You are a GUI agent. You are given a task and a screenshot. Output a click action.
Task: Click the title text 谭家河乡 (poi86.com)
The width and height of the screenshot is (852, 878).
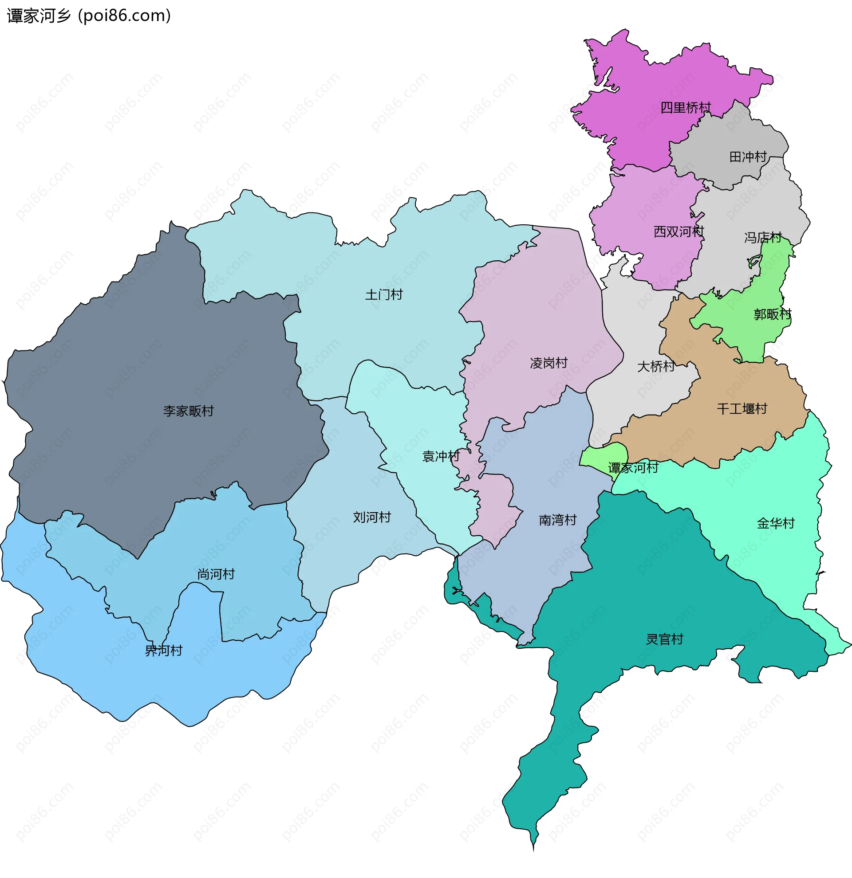point(89,16)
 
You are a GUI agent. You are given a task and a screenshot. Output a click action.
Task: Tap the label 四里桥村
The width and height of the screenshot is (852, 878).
point(685,107)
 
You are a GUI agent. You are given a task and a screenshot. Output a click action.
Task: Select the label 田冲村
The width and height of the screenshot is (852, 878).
point(748,157)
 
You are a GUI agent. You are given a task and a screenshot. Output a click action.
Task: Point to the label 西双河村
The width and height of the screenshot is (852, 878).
point(678,231)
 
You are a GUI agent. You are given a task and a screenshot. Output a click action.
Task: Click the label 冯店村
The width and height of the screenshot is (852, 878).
point(763,237)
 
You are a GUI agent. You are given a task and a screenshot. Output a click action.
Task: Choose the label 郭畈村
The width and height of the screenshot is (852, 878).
point(772,314)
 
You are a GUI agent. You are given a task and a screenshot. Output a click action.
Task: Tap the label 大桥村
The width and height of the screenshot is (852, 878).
point(656,366)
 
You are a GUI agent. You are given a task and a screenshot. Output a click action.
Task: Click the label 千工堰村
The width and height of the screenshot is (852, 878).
point(742,408)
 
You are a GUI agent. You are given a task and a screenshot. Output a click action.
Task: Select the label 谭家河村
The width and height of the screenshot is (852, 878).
point(632,468)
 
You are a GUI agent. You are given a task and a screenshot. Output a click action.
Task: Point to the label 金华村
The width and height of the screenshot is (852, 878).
point(775,523)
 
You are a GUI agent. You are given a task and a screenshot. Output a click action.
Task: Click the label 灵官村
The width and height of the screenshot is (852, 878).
point(664,639)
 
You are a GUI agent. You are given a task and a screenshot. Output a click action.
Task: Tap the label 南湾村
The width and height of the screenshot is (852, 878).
point(557,520)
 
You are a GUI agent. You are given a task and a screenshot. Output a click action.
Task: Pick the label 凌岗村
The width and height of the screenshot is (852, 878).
point(548,363)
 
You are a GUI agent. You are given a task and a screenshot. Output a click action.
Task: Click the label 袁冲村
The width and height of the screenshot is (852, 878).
point(441,456)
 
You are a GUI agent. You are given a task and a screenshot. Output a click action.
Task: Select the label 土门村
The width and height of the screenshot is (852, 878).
point(384,295)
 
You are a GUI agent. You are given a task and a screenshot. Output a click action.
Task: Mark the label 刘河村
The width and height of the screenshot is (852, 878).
point(371,517)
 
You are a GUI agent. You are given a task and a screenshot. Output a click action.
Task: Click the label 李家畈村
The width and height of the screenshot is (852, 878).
point(188,411)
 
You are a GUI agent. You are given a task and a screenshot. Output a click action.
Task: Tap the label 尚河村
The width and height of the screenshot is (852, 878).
point(216,574)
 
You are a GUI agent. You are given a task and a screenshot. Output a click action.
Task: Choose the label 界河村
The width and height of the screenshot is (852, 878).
point(164,651)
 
